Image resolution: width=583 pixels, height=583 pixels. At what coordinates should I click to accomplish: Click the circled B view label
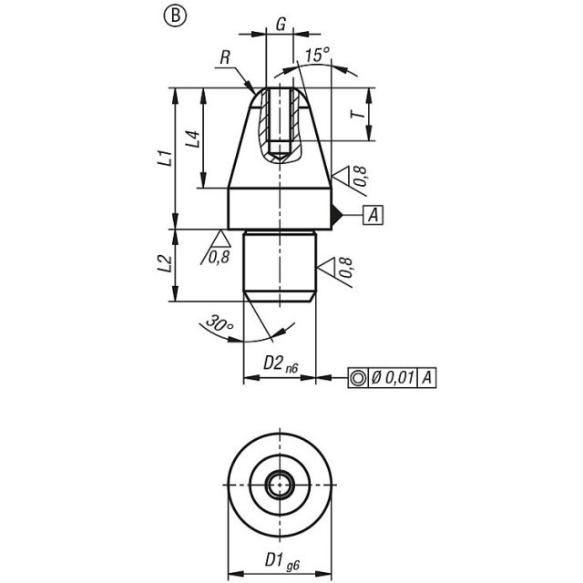click(x=175, y=15)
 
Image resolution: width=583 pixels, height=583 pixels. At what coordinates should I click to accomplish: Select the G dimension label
click(x=281, y=25)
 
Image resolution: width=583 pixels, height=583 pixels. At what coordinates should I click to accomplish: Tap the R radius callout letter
click(x=225, y=58)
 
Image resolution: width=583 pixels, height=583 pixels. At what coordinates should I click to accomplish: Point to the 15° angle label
click(x=318, y=55)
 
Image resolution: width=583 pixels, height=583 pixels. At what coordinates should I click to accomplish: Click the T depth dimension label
click(x=359, y=115)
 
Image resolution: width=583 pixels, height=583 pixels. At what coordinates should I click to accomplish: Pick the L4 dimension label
click(x=193, y=139)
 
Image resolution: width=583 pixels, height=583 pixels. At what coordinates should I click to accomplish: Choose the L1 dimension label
click(x=166, y=158)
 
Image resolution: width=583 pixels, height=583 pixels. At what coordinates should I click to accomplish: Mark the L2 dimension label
click(x=166, y=265)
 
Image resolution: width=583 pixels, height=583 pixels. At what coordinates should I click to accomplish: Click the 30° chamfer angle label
click(x=219, y=322)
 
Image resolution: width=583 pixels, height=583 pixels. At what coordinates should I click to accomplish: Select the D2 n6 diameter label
click(x=281, y=363)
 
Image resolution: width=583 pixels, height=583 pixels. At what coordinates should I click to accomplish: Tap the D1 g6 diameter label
click(x=281, y=560)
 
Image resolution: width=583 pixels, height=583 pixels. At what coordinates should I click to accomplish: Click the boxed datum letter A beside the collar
click(x=373, y=215)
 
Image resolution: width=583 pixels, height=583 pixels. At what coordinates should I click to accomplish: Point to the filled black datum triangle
click(x=336, y=215)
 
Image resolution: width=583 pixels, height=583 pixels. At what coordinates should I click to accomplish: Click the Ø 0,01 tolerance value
click(x=393, y=378)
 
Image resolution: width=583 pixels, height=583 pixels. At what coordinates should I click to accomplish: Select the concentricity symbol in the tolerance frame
click(x=358, y=378)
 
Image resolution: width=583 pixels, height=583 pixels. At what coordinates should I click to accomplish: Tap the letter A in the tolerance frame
click(x=427, y=378)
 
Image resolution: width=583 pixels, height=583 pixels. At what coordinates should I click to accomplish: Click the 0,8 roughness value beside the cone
click(x=361, y=176)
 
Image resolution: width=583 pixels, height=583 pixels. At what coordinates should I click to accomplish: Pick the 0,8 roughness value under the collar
click(x=219, y=257)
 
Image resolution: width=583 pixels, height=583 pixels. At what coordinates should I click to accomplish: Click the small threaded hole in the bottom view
click(x=280, y=485)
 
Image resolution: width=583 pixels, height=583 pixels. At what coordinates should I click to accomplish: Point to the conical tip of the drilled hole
click(x=280, y=157)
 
